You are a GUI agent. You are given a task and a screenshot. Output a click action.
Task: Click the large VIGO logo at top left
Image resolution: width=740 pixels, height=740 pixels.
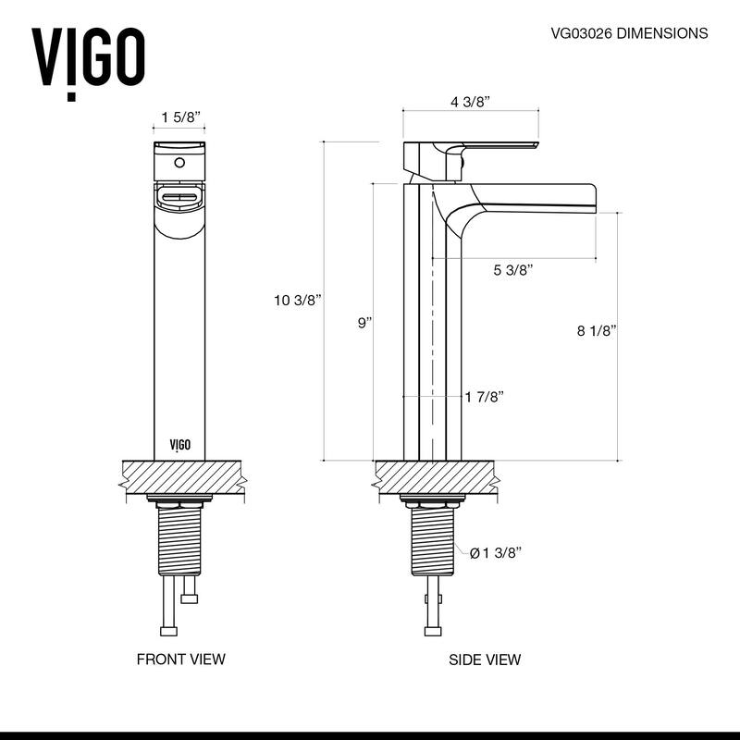(x=89, y=58)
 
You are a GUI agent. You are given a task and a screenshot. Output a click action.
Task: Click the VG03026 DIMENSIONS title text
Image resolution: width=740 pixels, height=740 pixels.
(x=629, y=33)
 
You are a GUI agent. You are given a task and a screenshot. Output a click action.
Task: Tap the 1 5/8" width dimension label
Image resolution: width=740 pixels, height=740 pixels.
(x=180, y=117)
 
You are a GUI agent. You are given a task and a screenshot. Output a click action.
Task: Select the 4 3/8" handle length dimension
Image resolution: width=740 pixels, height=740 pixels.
(x=470, y=102)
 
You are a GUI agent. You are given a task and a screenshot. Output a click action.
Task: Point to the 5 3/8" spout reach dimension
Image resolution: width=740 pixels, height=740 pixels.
(x=513, y=270)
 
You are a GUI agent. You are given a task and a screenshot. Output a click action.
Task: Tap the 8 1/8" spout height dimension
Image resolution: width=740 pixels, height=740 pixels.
(x=597, y=330)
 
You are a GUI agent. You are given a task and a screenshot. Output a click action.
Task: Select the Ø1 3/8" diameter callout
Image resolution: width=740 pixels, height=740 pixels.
(x=496, y=553)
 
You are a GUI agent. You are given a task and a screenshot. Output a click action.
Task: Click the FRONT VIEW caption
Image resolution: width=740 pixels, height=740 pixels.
(x=180, y=660)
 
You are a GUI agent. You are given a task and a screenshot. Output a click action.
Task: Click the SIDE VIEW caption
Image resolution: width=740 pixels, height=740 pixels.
(x=485, y=660)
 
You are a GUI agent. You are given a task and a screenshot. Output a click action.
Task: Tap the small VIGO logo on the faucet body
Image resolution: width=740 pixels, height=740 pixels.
(x=180, y=445)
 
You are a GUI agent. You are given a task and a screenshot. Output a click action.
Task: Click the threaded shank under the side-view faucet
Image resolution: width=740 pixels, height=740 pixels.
(x=432, y=541)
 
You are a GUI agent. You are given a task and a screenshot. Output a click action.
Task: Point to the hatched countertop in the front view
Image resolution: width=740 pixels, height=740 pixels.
(x=179, y=478)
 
